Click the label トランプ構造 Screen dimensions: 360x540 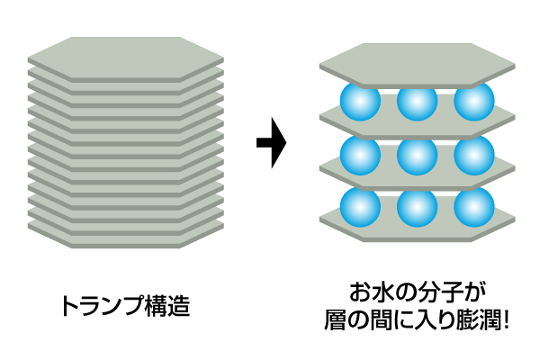125,305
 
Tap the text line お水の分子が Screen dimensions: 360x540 418,292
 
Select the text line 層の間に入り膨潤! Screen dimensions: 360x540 417,319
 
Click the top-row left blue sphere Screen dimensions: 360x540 360,103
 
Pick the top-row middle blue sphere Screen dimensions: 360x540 417,103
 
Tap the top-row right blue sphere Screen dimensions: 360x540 473,103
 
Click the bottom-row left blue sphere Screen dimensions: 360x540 360,206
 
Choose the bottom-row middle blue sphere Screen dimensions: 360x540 417,206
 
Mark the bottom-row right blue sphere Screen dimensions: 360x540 473,206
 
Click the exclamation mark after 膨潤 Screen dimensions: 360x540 505,319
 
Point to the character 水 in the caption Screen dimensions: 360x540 385,292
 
